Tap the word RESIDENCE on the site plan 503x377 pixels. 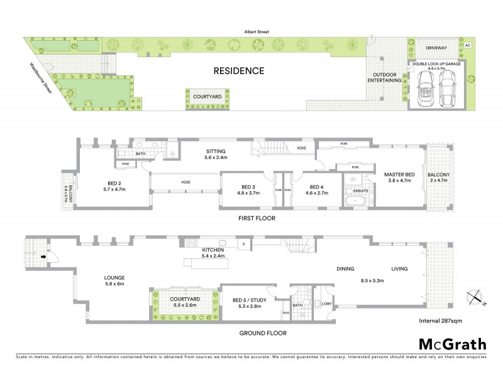(x=237, y=70)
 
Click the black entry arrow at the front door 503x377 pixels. (x=44, y=256)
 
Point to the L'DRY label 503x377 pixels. (x=326, y=304)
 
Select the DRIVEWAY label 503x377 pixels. (x=436, y=47)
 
